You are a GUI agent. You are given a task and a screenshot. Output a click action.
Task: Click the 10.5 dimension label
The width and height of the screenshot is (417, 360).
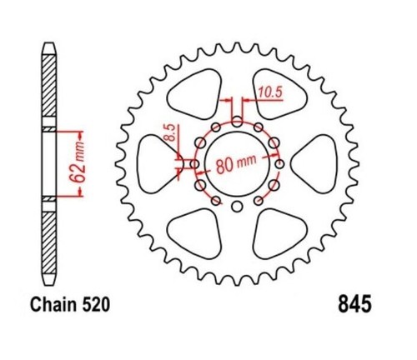[x=270, y=92]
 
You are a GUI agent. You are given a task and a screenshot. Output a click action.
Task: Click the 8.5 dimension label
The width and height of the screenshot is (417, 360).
[x=172, y=132]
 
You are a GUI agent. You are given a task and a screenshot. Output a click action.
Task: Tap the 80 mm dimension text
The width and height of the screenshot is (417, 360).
[x=236, y=163]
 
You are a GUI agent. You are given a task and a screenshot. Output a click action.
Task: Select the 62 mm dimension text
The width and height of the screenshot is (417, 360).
[x=77, y=164]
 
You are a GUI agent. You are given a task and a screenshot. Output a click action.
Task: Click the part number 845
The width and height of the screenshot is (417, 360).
[x=354, y=303]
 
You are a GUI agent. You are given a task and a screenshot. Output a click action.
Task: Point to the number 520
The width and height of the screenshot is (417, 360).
[x=96, y=305]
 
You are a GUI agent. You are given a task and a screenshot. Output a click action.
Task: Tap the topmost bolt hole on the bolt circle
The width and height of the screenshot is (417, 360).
[x=237, y=122]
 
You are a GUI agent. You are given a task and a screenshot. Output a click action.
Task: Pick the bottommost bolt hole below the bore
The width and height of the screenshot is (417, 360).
[x=237, y=207]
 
